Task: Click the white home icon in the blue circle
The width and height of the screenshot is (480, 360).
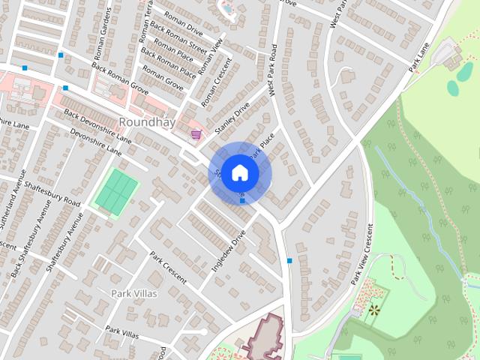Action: (x=239, y=173)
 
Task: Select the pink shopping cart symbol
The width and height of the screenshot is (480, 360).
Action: (x=196, y=134)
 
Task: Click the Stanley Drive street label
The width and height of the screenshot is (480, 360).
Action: (x=232, y=118)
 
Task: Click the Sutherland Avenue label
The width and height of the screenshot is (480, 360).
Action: (x=10, y=210)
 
